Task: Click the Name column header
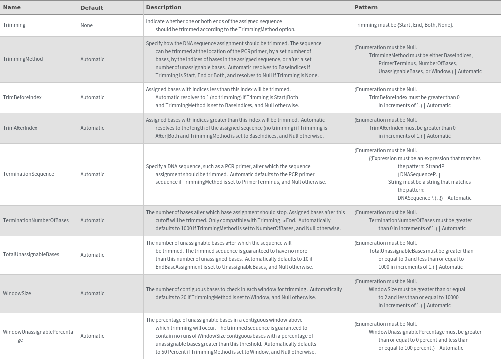click(12, 7)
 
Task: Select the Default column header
click(92, 8)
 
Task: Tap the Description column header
click(164, 7)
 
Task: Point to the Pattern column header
click(366, 7)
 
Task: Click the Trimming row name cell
click(14, 25)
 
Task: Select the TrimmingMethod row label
click(23, 59)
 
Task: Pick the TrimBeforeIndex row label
click(22, 97)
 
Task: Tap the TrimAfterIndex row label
click(20, 128)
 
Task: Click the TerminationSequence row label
click(28, 174)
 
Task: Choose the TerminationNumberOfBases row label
click(36, 220)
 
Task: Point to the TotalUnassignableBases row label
click(31, 254)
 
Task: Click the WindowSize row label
click(17, 293)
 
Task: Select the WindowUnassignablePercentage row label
click(39, 332)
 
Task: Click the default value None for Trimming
click(86, 25)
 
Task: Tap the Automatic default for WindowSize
click(92, 293)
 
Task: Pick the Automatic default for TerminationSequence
click(92, 174)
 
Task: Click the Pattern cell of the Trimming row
click(404, 25)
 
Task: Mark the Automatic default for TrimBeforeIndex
click(92, 98)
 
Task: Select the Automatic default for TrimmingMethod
click(92, 59)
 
